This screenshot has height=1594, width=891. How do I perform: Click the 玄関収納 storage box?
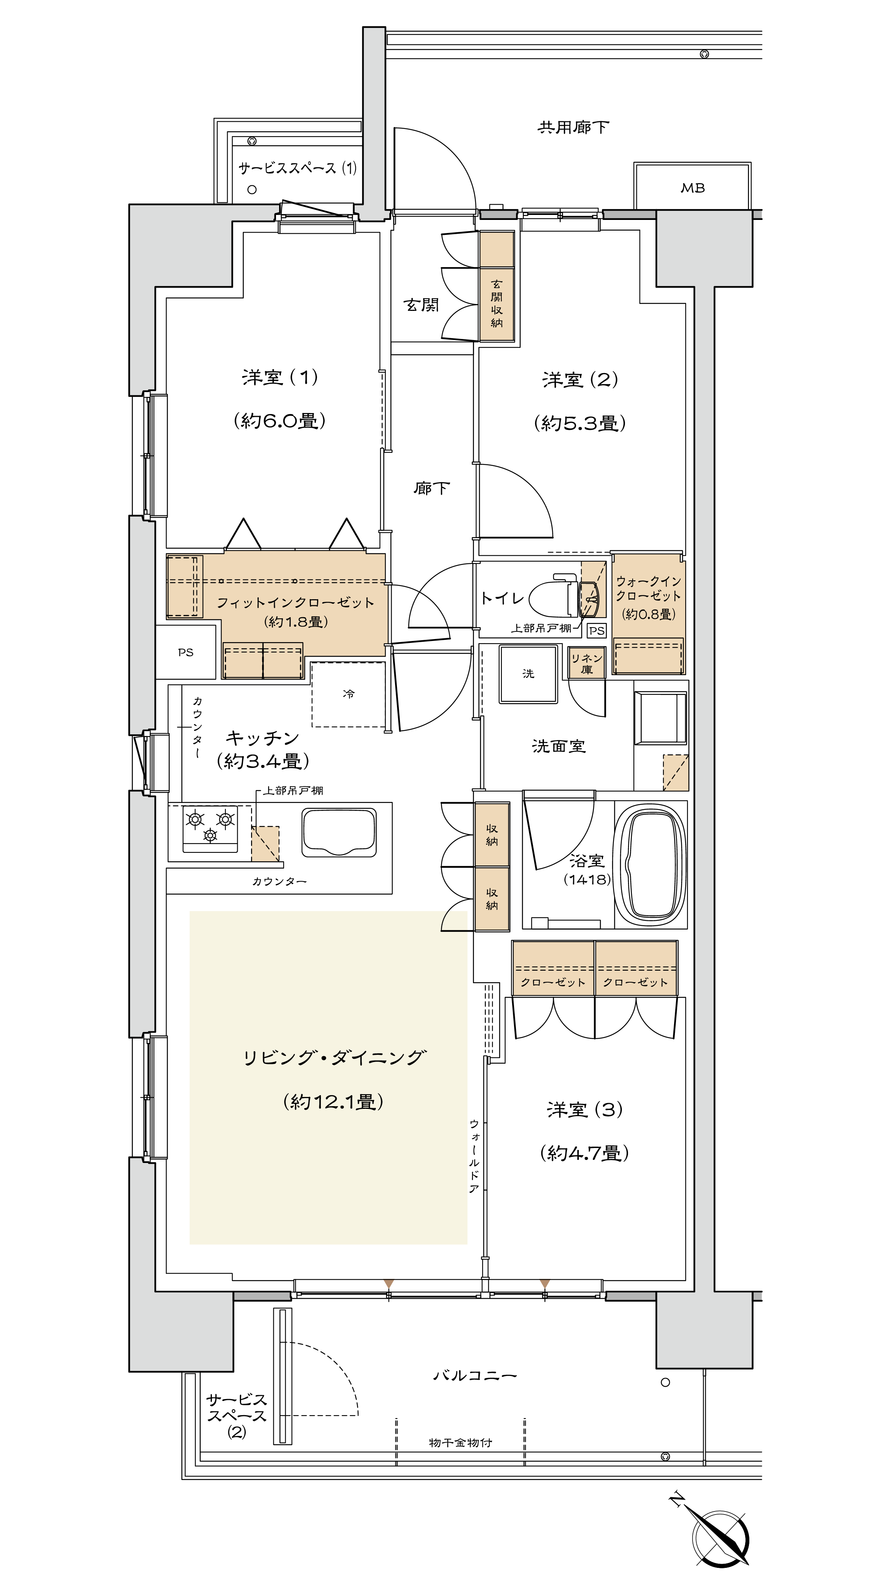pyautogui.click(x=497, y=286)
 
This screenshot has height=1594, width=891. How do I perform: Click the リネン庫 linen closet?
pyautogui.click(x=587, y=663)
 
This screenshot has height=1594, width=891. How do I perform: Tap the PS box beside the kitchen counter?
pyautogui.click(x=186, y=652)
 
